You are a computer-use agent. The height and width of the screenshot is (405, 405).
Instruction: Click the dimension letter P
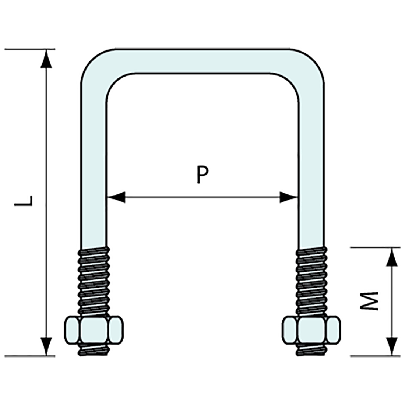[x=202, y=175]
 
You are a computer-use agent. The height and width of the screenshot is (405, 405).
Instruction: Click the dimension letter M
[x=369, y=301]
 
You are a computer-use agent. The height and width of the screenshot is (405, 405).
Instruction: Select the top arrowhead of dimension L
[x=46, y=59]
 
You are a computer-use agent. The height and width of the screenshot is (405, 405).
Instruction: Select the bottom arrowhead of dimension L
[x=46, y=346]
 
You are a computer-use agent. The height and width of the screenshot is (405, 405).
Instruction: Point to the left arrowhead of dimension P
[x=116, y=197]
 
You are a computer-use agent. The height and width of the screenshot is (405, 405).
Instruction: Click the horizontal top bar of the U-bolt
[x=202, y=61]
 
